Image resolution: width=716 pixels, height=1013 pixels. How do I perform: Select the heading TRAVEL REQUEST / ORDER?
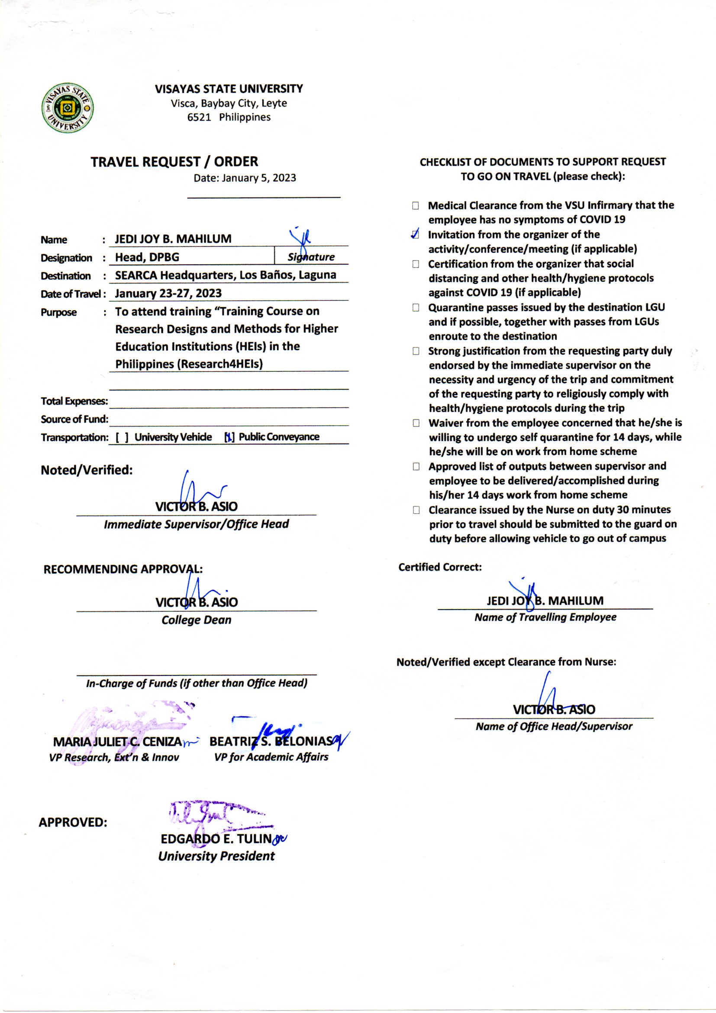[174, 162]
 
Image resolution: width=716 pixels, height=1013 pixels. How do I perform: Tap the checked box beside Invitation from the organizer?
[415, 235]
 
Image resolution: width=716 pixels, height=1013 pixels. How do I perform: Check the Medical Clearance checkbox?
[415, 206]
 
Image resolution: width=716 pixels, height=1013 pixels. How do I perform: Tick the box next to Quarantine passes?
[415, 308]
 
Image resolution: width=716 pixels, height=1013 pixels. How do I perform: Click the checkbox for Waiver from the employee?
[416, 423]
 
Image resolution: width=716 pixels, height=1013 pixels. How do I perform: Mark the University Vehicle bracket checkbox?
[122, 437]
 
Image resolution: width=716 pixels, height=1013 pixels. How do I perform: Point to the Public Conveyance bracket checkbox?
[229, 437]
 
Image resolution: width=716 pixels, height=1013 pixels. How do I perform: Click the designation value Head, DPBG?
[147, 257]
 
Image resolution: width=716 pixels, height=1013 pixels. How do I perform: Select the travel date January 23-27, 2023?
[168, 293]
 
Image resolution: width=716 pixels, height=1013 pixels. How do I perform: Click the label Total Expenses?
[74, 401]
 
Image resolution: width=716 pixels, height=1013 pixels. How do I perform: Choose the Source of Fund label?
[74, 419]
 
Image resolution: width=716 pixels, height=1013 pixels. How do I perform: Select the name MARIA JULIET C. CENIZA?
[117, 742]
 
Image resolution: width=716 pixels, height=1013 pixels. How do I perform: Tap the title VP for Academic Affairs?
[271, 757]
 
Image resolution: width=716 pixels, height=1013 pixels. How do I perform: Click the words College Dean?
[196, 620]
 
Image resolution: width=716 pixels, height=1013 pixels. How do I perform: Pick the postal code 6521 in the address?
[199, 117]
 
